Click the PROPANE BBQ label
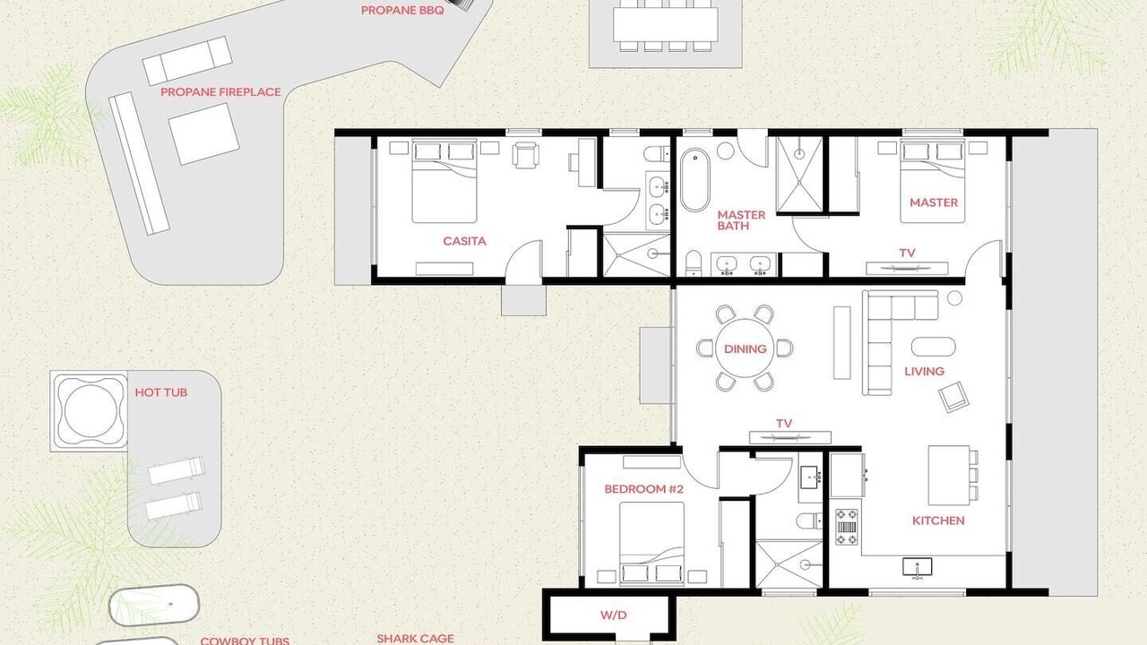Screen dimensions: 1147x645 pos(402,11)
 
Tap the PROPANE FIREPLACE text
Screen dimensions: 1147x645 pos(220,92)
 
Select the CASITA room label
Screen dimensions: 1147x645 pos(464,241)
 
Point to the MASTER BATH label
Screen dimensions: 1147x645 pos(741,220)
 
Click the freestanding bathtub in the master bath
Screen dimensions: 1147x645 pos(695,180)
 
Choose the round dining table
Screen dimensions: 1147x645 pos(745,348)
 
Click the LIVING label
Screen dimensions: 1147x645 pos(924,371)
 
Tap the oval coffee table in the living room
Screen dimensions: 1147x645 pos(934,347)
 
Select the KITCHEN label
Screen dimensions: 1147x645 pos(938,520)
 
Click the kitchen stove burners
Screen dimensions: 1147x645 pos(847,527)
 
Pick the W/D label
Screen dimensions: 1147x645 pos(614,615)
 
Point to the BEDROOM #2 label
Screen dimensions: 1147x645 pos(643,489)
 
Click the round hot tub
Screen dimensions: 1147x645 pos(90,411)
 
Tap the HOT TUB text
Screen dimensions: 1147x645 pos(160,392)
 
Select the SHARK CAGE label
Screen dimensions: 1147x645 pos(415,639)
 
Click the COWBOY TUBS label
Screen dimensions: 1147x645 pos(245,641)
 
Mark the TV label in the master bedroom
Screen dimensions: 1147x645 pos(908,253)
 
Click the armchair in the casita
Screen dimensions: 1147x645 pos(526,155)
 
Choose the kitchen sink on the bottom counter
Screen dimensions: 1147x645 pos(917,568)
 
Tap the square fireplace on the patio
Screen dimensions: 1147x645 pos(203,133)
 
